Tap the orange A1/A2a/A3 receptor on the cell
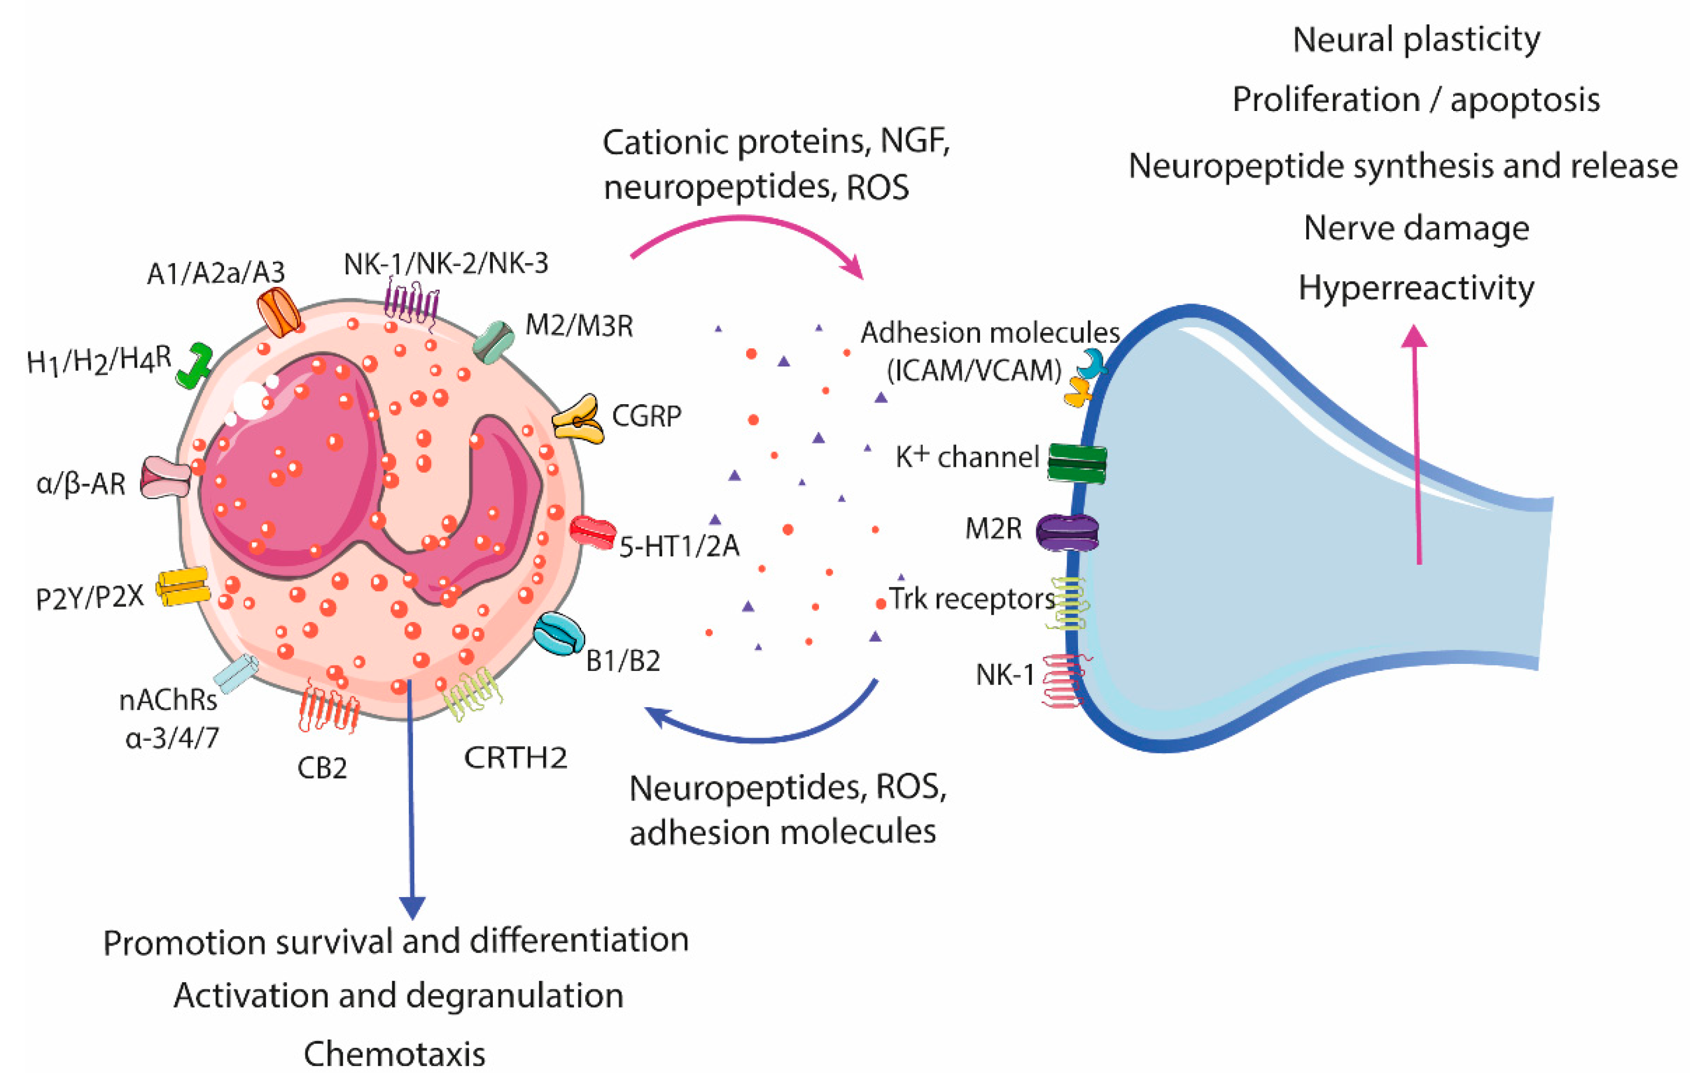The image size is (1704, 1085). click(x=278, y=312)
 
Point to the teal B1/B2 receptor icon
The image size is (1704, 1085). click(x=558, y=633)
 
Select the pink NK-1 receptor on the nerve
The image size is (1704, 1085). click(x=1064, y=680)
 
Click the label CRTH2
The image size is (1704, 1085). click(x=515, y=758)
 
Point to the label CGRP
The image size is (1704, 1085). click(x=646, y=416)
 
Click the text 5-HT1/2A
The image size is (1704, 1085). click(x=679, y=546)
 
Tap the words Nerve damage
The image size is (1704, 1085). click(x=1416, y=229)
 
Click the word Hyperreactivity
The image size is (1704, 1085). click(x=1416, y=289)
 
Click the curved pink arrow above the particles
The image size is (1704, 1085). click(x=750, y=228)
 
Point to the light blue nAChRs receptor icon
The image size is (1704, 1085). click(x=236, y=673)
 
